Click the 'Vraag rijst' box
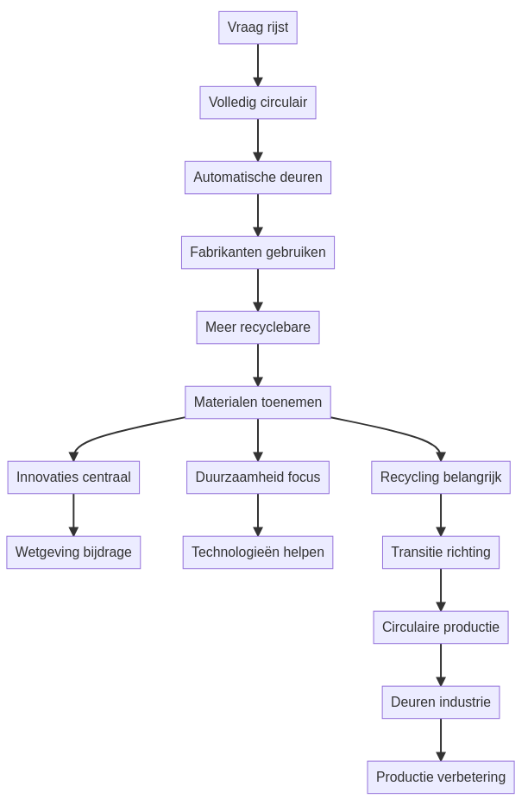tap(258, 28)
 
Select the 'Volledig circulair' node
tap(258, 103)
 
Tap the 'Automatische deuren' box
tap(258, 178)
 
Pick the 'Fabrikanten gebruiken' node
tap(258, 253)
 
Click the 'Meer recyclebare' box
tap(258, 328)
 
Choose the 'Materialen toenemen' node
tap(258, 402)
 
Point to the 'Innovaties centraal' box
tap(73, 477)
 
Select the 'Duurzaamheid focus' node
tap(258, 477)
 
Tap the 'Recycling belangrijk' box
tap(441, 477)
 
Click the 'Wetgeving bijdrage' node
tap(73, 552)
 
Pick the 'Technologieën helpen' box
tap(258, 552)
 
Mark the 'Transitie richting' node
tap(441, 552)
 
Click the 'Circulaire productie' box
tap(441, 627)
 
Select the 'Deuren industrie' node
tap(441, 702)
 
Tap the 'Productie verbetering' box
tap(441, 777)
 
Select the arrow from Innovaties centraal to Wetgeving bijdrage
tap(73, 515)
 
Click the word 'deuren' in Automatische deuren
tap(299, 178)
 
